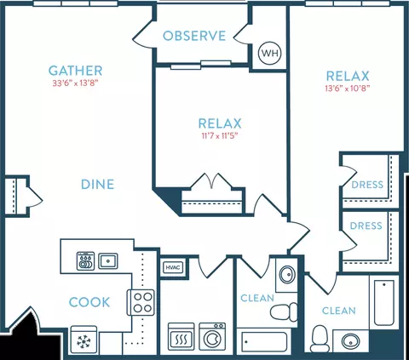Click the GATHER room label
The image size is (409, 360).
point(75,71)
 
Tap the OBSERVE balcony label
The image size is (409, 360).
point(194,36)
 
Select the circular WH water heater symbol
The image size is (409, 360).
point(269,53)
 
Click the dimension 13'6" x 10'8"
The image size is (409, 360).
point(348,89)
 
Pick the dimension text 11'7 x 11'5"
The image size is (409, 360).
point(220,136)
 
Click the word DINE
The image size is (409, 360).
point(97,185)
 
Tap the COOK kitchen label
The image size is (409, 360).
point(89,302)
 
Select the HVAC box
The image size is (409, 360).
point(173,267)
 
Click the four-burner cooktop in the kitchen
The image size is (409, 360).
point(141,302)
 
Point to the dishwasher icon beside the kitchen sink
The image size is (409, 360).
point(85,261)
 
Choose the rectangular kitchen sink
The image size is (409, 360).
point(108,261)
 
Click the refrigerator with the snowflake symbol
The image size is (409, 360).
point(84,340)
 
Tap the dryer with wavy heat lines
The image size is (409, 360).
point(181,337)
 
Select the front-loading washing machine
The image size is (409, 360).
point(212,336)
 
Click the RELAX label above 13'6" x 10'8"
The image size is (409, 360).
point(348,76)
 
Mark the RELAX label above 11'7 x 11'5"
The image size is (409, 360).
point(220,123)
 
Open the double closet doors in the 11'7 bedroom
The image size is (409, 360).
point(212,181)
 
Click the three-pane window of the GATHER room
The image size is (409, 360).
point(75,3)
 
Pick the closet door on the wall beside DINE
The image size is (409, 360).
point(34,196)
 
